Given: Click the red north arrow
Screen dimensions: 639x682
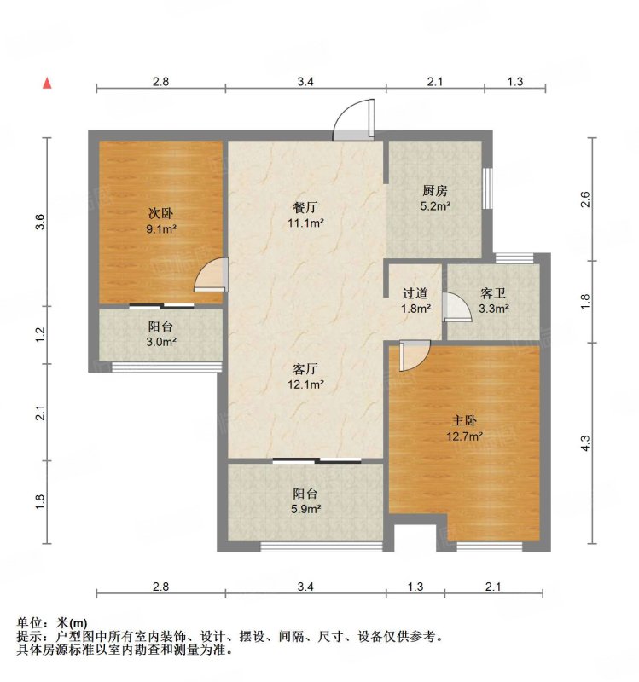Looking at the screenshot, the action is tap(47, 83).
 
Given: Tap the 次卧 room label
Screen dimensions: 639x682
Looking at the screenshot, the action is tap(161, 214).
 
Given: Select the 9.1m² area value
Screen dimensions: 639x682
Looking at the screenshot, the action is tap(161, 228).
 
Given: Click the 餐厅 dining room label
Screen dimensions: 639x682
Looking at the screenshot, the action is tap(305, 207).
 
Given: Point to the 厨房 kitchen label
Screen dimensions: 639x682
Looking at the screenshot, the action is tap(435, 190).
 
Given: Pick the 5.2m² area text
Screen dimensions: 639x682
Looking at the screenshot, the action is tap(435, 205).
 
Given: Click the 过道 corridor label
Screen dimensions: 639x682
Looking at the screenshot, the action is tap(415, 293).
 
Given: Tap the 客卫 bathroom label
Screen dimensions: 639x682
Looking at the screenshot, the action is tap(493, 293).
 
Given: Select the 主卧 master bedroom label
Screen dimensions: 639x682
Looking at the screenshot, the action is tap(464, 420).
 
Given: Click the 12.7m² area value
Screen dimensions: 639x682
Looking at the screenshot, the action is tap(464, 436).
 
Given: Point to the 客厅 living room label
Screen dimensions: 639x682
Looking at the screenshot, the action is tap(305, 369).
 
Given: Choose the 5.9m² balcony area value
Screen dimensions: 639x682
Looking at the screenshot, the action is tap(305, 508).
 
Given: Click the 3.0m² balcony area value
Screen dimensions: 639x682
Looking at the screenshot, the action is tap(161, 342).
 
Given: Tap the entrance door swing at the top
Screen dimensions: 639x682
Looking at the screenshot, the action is tap(353, 119).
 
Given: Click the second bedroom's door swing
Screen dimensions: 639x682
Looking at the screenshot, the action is tap(211, 275).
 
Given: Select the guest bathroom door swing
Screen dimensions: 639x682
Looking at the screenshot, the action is tap(456, 307).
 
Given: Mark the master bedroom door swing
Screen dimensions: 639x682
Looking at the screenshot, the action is tap(415, 355).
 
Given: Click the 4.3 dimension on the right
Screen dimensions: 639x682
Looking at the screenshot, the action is tap(586, 443).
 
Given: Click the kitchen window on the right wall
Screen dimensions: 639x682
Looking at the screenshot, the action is tap(487, 188).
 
